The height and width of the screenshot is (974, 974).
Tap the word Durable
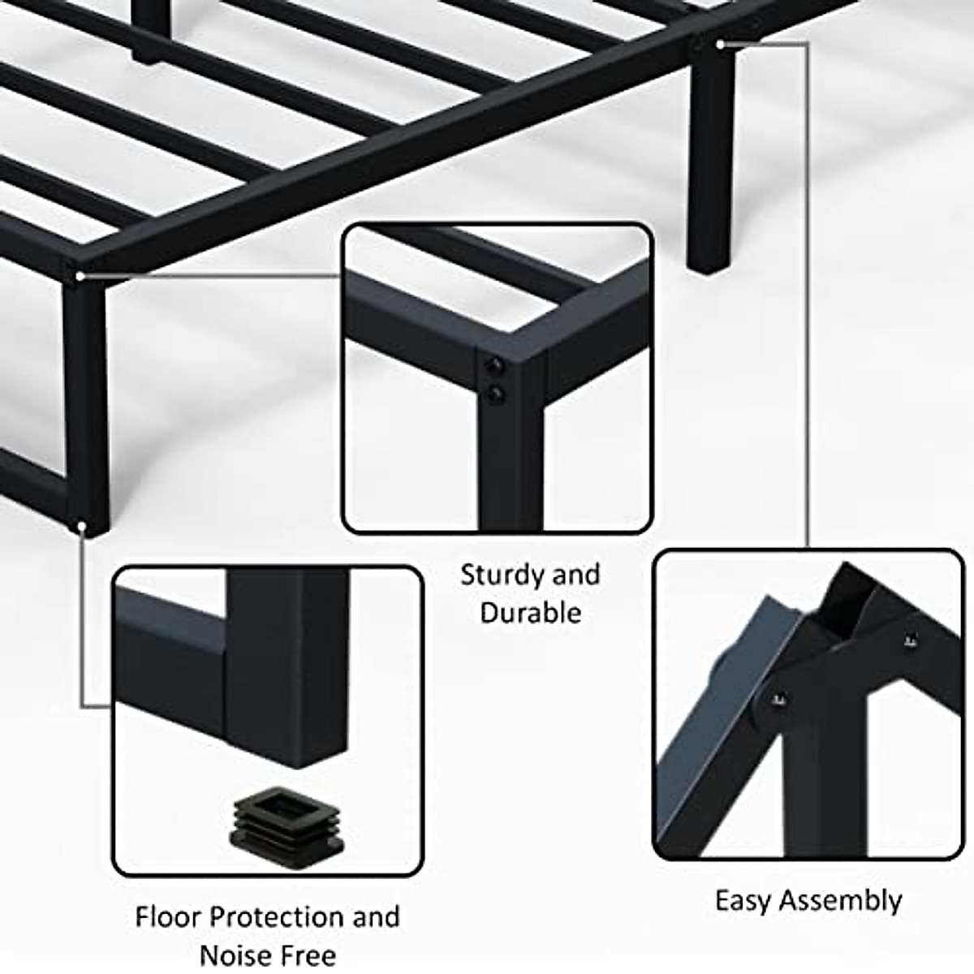pos(531,613)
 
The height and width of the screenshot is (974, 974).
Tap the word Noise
pos(236,955)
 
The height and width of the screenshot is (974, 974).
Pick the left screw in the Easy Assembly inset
pos(778,697)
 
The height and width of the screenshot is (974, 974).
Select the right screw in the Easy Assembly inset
pos(908,642)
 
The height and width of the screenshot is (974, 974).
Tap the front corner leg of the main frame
pos(85,406)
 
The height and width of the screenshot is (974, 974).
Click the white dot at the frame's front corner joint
pos(80,277)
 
